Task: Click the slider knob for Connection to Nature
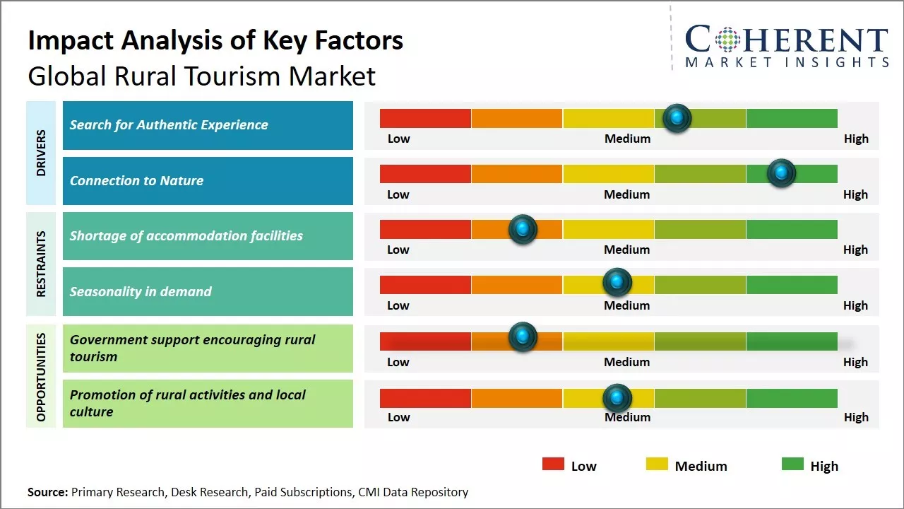coord(781,173)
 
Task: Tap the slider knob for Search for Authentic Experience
coord(677,118)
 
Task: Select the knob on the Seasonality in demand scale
coord(617,283)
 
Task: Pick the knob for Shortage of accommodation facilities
coord(523,229)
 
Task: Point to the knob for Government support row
coord(523,337)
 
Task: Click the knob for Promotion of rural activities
coord(617,398)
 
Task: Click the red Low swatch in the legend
coord(553,464)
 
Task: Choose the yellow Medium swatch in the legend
coord(657,464)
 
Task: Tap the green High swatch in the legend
coord(792,464)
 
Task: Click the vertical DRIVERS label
coord(41,153)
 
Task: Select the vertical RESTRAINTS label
coord(41,264)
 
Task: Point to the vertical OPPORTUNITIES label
coord(41,377)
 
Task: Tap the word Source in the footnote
coord(47,492)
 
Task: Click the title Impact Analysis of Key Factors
coord(215,40)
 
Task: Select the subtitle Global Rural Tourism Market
coord(201,76)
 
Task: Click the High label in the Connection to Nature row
coord(855,194)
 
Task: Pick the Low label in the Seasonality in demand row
coord(398,305)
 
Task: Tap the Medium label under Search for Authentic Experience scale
coord(627,139)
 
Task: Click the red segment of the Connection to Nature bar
coord(425,173)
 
